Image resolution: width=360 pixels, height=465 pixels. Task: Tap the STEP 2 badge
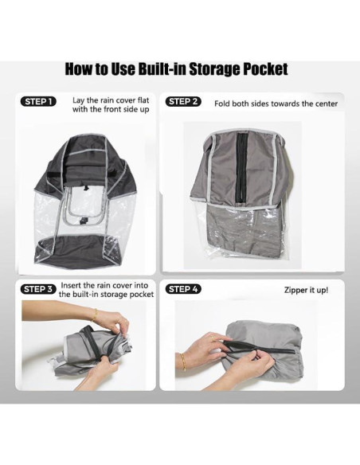click(x=183, y=102)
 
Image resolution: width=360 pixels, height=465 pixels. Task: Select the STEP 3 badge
click(x=37, y=289)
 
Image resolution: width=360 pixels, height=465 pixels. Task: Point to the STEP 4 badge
click(x=183, y=289)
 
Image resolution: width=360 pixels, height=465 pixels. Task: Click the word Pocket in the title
click(x=256, y=69)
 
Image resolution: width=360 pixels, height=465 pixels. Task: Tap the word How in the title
click(x=80, y=69)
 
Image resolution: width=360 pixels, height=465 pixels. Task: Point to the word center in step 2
click(x=323, y=104)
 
